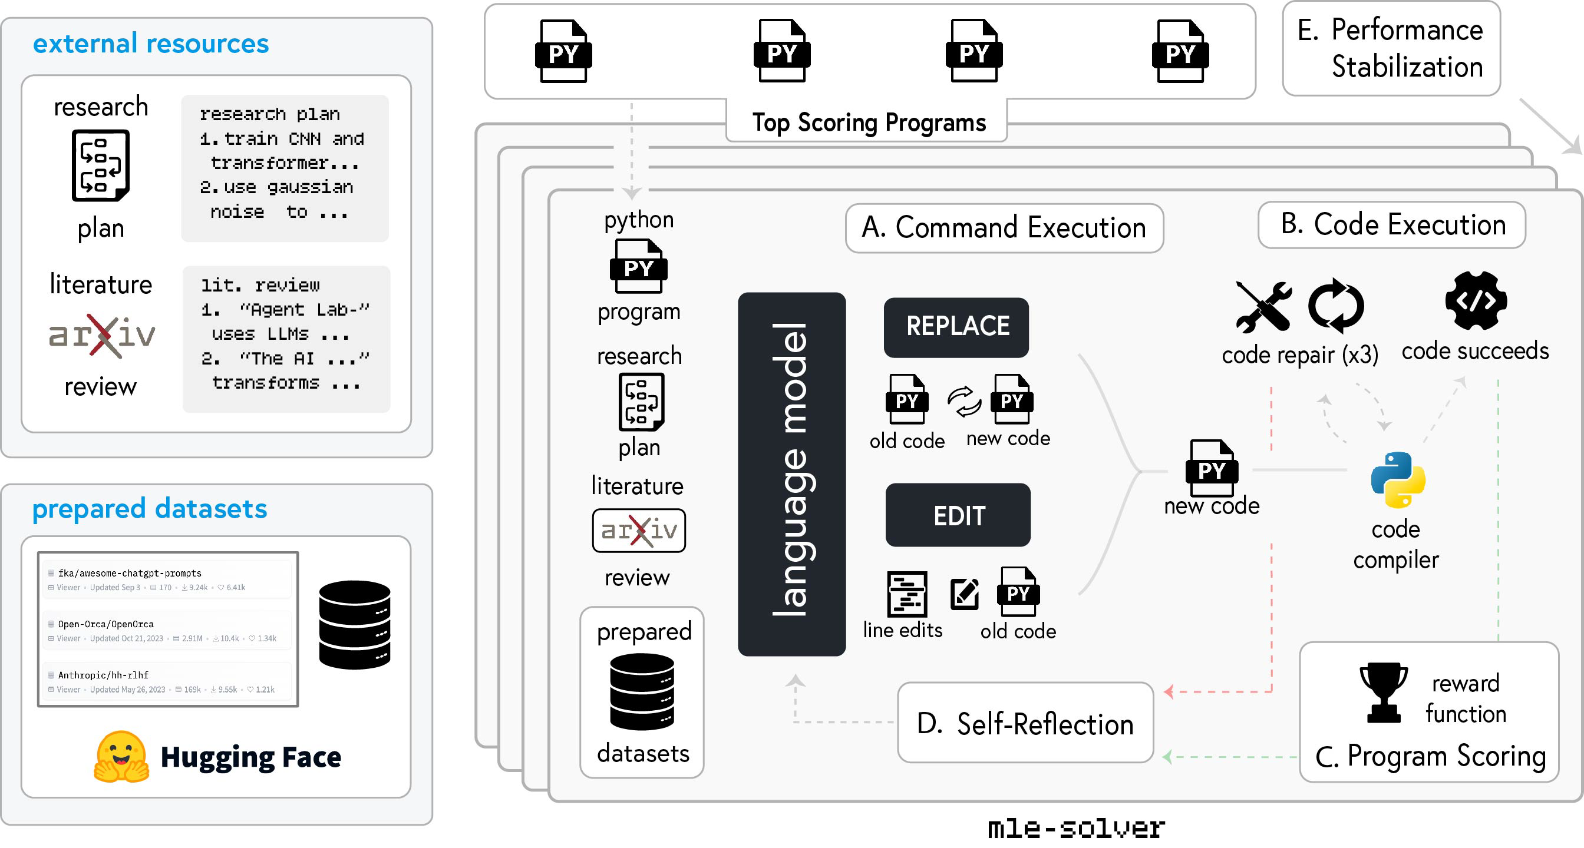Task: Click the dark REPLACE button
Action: pos(956,327)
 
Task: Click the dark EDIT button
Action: pos(958,515)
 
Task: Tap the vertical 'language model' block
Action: pos(791,474)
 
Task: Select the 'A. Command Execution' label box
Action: pos(1004,228)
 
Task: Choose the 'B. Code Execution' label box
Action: pos(1392,225)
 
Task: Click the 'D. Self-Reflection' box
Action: pos(1025,723)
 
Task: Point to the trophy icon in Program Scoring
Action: pos(1384,692)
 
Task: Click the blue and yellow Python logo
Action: pos(1398,480)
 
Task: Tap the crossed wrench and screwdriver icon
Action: pos(1263,306)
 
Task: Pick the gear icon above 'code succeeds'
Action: pos(1476,301)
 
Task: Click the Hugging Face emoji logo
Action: pos(121,757)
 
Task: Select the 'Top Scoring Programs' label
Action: pos(869,122)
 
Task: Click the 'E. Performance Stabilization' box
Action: pos(1391,48)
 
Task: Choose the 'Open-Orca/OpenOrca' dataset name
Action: pos(105,624)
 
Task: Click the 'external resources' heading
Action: pos(151,44)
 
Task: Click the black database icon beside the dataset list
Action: pos(355,624)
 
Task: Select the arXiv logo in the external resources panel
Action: pos(102,336)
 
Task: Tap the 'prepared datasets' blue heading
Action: pos(150,509)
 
